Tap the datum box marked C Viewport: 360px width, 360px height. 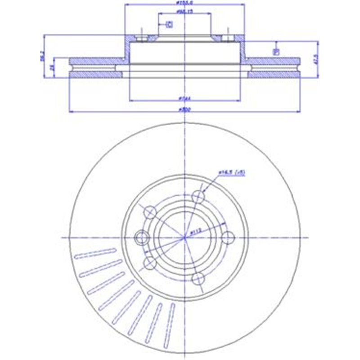point(169,24)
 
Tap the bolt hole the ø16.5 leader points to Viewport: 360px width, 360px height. point(198,196)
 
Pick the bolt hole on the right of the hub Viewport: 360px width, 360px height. point(227,238)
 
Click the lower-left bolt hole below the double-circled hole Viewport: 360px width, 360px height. point(149,263)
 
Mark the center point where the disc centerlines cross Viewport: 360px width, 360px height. point(184,238)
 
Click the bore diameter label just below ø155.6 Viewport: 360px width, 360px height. point(184,12)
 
